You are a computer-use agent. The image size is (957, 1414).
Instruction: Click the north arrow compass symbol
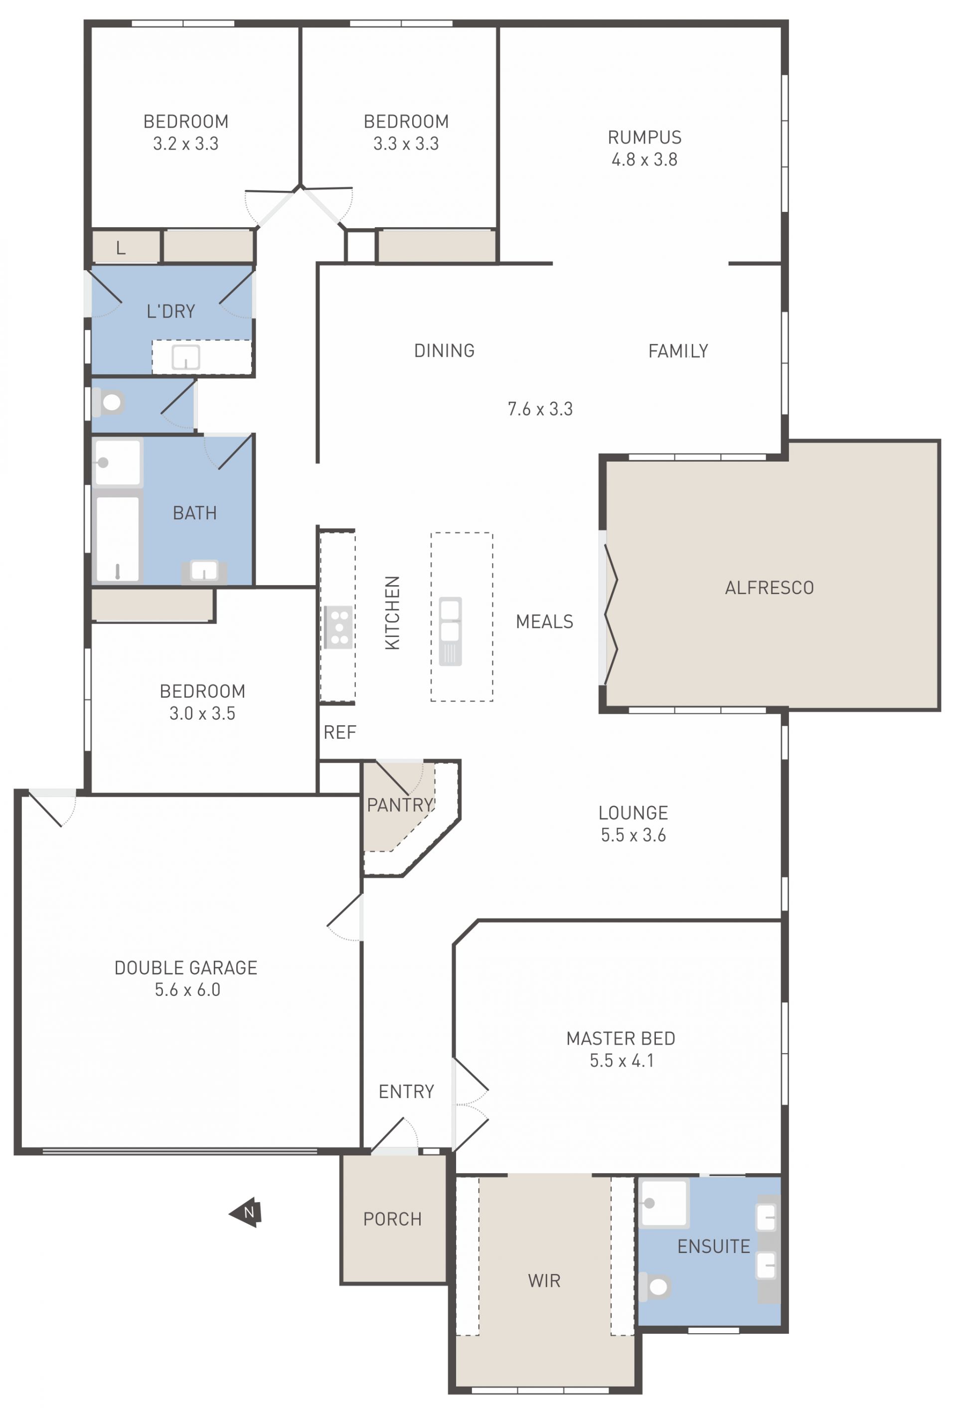tap(246, 1213)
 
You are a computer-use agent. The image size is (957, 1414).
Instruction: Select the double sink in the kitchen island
tap(450, 631)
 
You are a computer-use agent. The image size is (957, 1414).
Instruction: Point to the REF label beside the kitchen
tap(339, 733)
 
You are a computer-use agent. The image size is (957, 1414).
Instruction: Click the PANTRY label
tap(400, 805)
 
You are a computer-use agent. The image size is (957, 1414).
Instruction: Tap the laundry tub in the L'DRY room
tap(185, 357)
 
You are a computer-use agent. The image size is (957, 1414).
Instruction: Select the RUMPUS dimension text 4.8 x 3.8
tap(644, 159)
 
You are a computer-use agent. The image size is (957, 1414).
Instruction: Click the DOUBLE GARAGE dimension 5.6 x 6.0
tap(187, 990)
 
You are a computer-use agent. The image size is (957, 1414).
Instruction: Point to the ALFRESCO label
tap(769, 588)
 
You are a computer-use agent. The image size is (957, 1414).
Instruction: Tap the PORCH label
tap(392, 1219)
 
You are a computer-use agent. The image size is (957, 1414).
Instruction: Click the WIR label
tap(544, 1281)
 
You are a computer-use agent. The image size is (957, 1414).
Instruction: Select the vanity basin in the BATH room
tap(204, 571)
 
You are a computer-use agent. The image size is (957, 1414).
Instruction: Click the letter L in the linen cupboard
tap(121, 248)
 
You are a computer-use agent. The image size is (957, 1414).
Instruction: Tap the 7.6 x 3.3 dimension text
tap(540, 409)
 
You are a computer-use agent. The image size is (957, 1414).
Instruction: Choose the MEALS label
tap(544, 622)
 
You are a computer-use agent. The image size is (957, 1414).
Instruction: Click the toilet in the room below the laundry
tap(108, 402)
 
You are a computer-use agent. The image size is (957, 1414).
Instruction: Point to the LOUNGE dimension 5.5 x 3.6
tap(634, 835)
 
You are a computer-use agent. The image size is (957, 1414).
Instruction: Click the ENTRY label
tap(406, 1092)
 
